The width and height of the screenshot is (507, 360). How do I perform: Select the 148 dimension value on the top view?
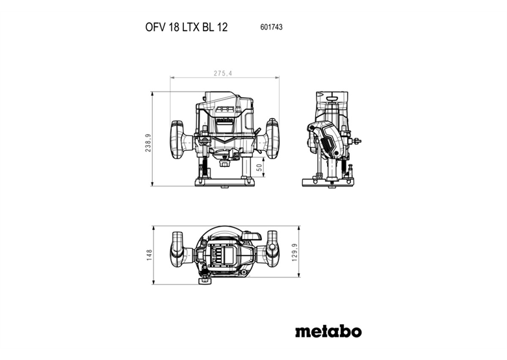point(149,254)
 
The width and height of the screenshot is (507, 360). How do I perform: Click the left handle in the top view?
point(179,251)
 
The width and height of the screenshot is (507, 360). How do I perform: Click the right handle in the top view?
point(271,251)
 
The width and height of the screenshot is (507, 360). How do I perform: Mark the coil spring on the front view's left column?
point(205,166)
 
